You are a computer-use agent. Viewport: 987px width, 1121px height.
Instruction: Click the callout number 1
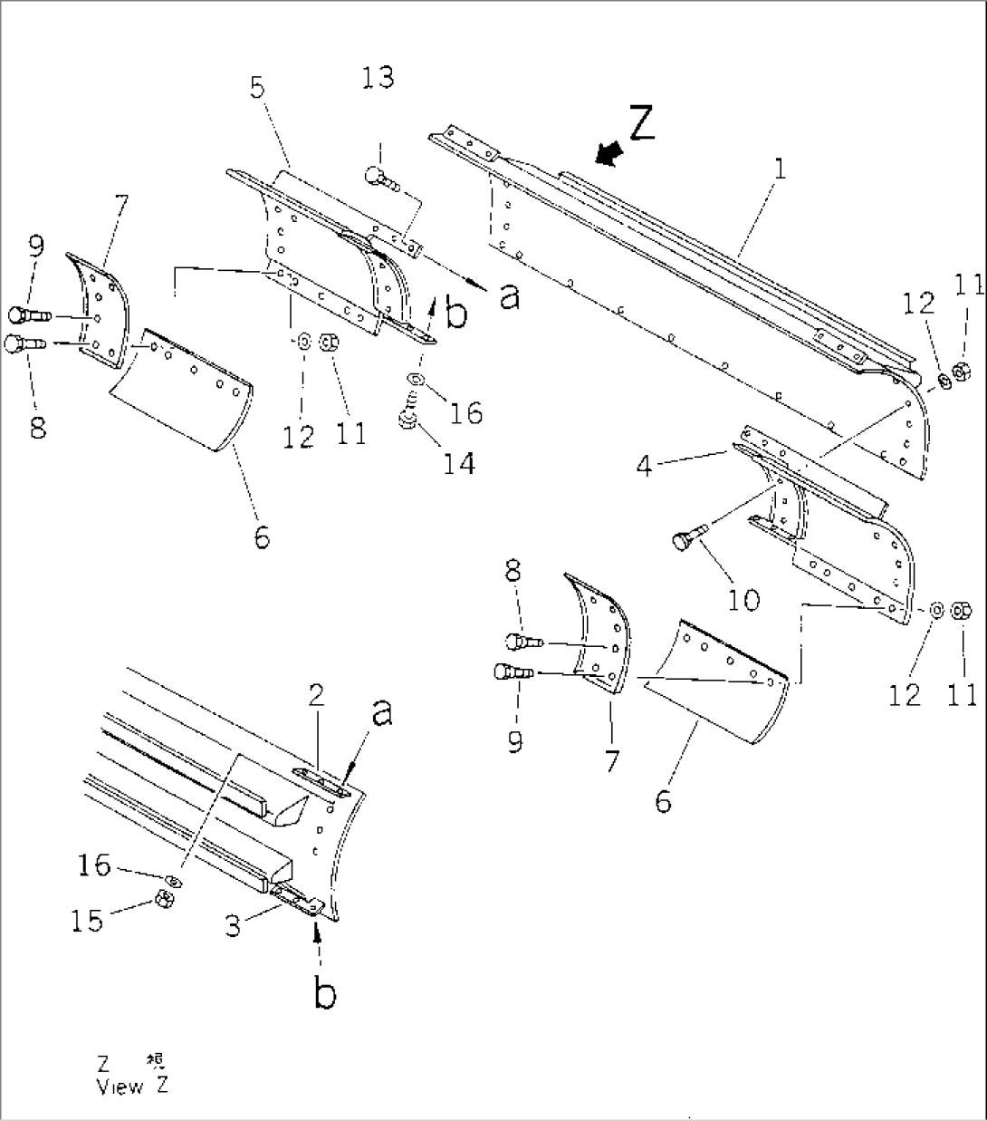pos(780,169)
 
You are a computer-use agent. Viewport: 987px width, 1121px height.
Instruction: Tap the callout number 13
pos(378,78)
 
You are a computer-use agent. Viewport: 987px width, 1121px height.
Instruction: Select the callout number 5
pos(258,89)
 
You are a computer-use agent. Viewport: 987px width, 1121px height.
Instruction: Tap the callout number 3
pos(234,927)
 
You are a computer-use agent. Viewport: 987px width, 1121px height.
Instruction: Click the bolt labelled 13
pos(380,178)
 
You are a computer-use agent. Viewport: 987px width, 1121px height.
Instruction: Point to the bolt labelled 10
pos(685,542)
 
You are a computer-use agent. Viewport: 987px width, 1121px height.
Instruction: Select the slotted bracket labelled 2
pos(321,782)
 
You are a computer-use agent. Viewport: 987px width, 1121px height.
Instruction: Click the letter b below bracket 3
pos(324,993)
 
